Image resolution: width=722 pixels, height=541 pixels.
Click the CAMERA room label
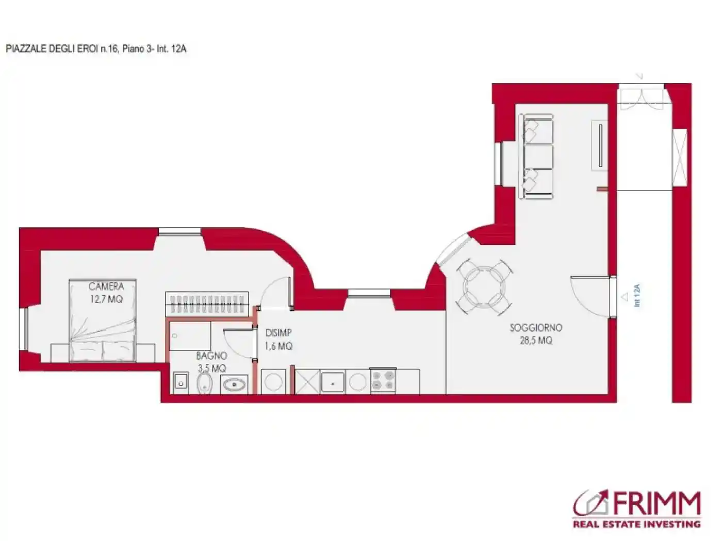106,286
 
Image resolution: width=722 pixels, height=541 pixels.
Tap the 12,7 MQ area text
106,299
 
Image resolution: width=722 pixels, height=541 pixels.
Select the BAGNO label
211,356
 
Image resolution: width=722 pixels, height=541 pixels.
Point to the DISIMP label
278,333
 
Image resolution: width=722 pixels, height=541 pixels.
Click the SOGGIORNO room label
536,328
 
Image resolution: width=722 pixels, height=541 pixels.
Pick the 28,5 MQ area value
536,340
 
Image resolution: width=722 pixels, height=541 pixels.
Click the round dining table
484,287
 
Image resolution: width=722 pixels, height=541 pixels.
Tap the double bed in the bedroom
103,320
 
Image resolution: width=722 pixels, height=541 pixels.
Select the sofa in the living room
535,156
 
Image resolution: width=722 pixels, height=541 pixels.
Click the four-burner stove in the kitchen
383,380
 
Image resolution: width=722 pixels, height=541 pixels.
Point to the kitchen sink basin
333,382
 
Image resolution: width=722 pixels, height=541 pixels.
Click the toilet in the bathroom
204,383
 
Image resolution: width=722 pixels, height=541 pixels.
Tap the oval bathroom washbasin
234,384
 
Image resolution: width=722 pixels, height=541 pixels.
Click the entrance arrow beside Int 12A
625,297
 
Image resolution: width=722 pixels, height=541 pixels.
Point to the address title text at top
96,49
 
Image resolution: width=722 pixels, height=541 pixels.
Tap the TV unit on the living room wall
599,145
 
